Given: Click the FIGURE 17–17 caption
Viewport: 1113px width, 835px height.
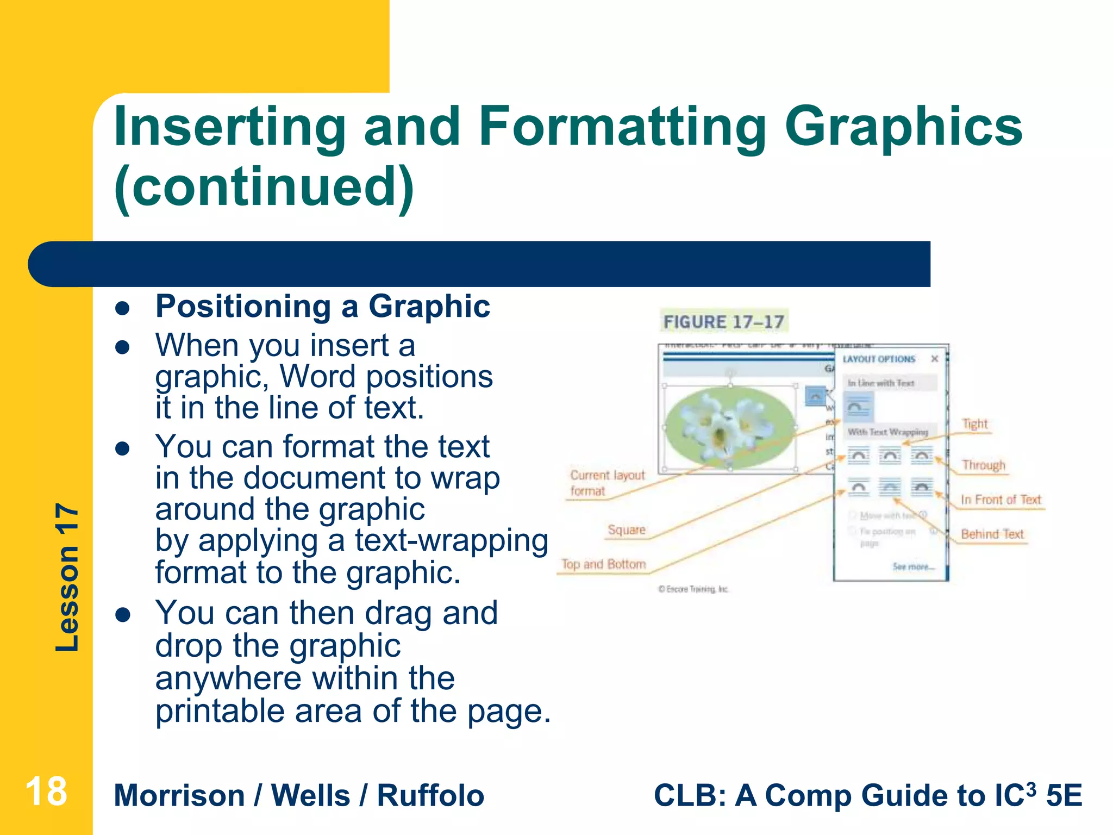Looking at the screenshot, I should pos(723,322).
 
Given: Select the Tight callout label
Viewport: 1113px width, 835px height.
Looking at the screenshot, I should pos(975,424).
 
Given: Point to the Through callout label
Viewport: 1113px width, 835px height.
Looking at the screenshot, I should pos(984,465).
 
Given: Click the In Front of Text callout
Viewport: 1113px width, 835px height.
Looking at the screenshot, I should pos(1000,500).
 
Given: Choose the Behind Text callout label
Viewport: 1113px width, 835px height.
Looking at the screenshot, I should pos(992,534).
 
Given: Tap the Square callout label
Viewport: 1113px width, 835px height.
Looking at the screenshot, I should pos(626,530).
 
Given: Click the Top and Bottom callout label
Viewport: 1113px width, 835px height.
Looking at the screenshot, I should pos(603,564).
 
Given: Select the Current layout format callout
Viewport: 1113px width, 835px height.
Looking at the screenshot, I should pos(606,483).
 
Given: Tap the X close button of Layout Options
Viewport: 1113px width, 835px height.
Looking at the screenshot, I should pos(935,359).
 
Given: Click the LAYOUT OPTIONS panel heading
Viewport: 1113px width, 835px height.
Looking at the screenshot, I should pos(879,359).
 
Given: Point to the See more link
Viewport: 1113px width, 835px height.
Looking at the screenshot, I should pos(913,566).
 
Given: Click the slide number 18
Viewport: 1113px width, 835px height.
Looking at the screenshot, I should pos(46,792).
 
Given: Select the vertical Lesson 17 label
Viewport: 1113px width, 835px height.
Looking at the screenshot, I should pos(67,577).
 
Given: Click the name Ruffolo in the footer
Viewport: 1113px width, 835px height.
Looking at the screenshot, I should pos(430,795).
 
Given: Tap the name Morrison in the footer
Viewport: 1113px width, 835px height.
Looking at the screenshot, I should pos(179,795).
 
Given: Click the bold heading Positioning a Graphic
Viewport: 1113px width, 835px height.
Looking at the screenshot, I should pos(323,306).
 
